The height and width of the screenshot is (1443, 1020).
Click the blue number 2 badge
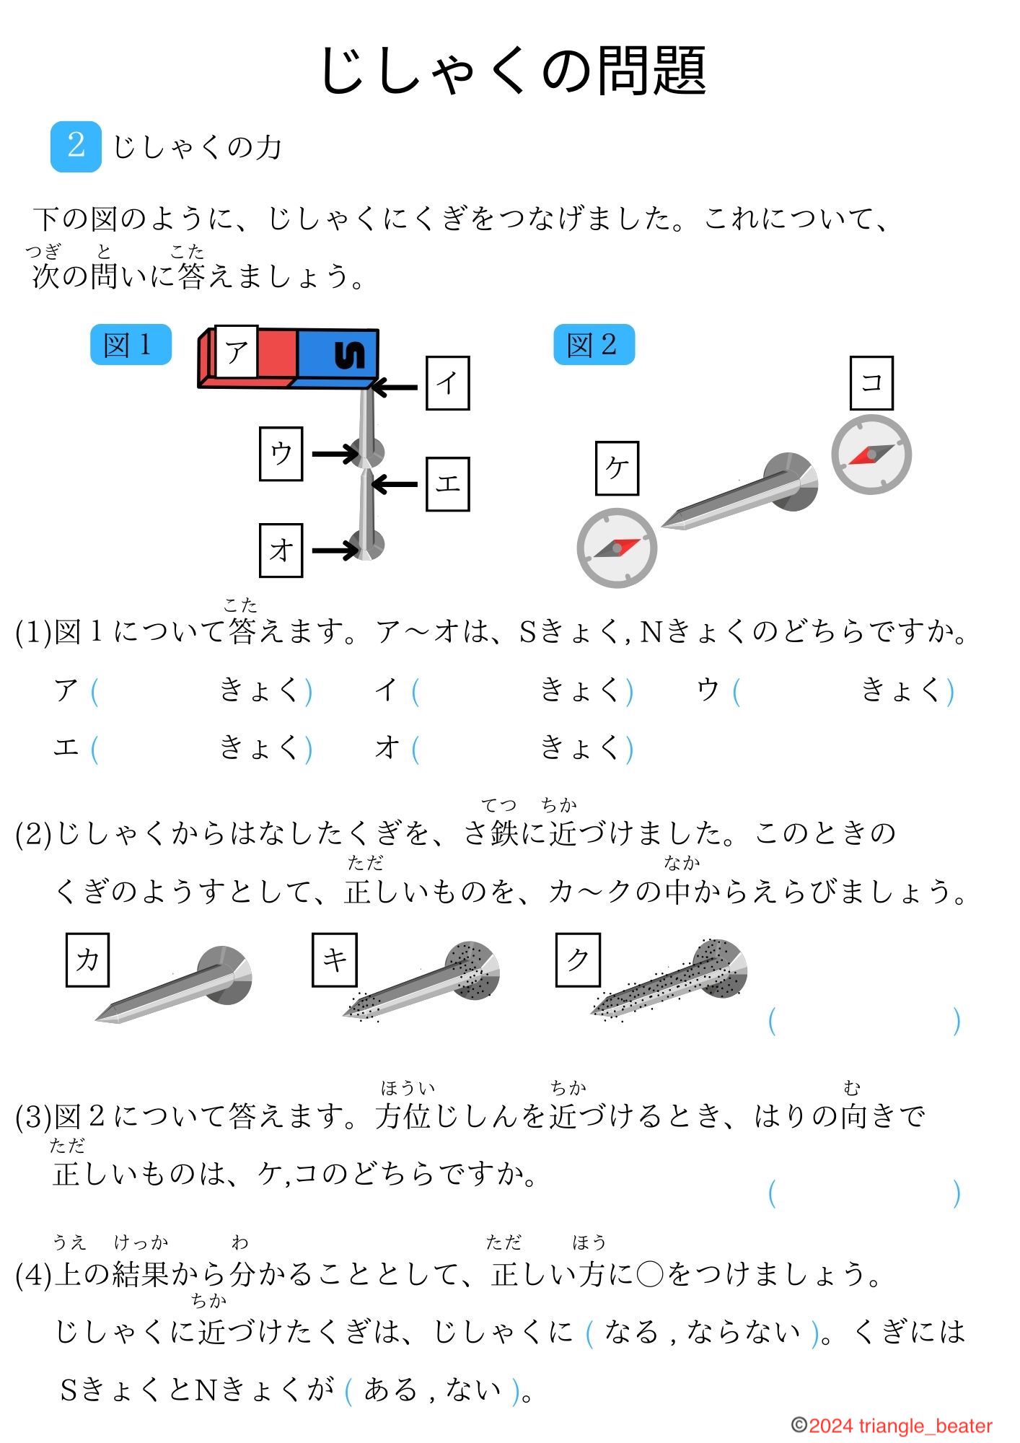(x=76, y=146)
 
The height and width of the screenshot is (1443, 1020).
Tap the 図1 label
(x=131, y=345)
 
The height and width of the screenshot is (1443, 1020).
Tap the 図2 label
(x=594, y=345)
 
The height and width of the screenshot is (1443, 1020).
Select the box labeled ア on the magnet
(x=237, y=351)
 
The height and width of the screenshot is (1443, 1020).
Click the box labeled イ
(x=447, y=383)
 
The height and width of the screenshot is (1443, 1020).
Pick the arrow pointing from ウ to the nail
(x=335, y=454)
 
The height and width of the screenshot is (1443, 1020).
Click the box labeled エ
(x=447, y=484)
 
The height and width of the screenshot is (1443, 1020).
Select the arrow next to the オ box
(x=335, y=551)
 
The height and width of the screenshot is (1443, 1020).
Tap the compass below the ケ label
(x=617, y=548)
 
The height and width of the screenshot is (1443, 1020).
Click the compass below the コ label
(x=871, y=455)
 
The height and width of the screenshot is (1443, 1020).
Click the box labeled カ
(x=87, y=960)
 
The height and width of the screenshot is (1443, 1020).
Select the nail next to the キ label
(x=422, y=982)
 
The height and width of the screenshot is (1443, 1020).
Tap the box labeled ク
(x=578, y=960)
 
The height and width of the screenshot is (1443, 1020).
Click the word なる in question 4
(x=631, y=1332)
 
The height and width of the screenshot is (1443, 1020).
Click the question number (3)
(x=33, y=1117)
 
